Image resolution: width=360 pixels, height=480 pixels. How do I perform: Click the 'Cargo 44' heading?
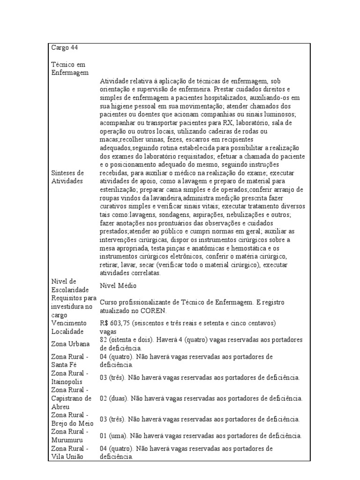65,47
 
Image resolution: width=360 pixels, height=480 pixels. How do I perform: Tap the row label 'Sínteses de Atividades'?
68,177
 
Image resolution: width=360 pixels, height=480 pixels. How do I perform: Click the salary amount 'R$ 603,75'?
114,323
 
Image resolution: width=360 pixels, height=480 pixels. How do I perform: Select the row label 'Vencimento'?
69,323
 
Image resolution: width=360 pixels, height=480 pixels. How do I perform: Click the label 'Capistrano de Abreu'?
73,403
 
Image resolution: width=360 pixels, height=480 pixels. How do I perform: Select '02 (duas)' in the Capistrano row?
114,398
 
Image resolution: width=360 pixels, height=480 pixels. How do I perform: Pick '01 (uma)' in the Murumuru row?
113,435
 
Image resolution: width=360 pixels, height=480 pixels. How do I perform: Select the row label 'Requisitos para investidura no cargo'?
74,306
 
